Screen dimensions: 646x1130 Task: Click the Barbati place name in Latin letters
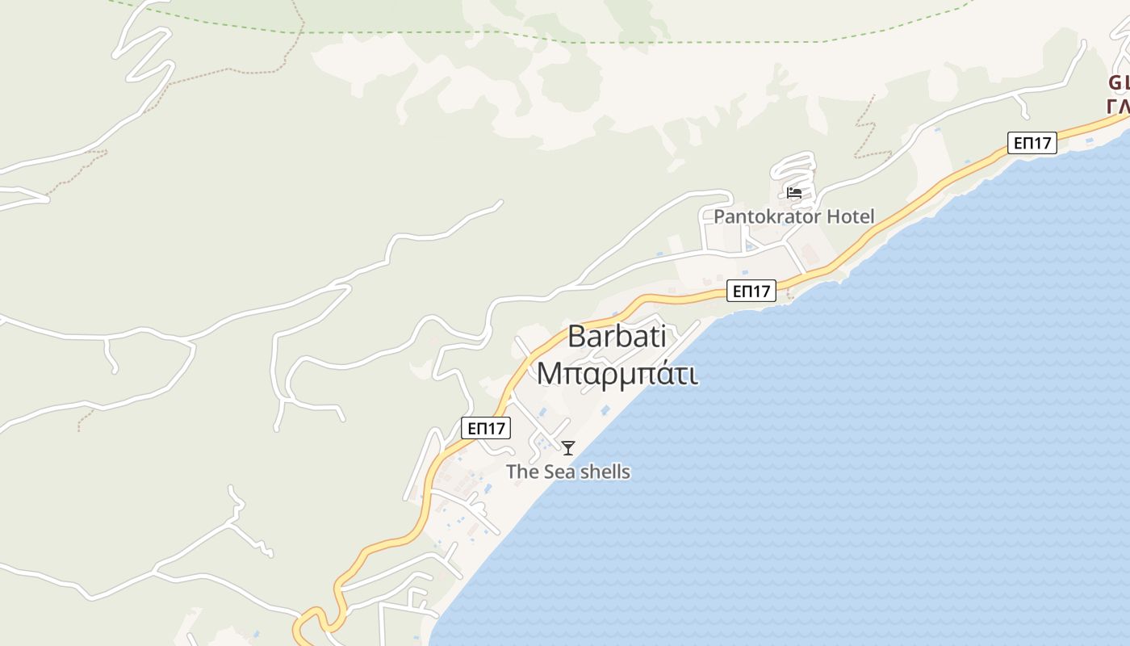point(617,336)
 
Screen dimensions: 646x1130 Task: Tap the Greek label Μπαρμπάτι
point(617,375)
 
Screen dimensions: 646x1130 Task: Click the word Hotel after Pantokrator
point(849,216)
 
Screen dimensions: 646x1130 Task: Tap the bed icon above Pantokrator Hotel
point(794,193)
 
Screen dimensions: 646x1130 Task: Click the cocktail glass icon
point(568,448)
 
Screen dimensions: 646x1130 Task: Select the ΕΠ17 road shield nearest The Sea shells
point(486,428)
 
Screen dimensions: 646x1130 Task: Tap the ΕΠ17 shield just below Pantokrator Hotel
point(751,291)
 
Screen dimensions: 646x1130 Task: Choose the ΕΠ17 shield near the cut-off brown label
point(1032,143)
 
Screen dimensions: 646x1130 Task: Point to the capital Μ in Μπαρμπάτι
point(549,375)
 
